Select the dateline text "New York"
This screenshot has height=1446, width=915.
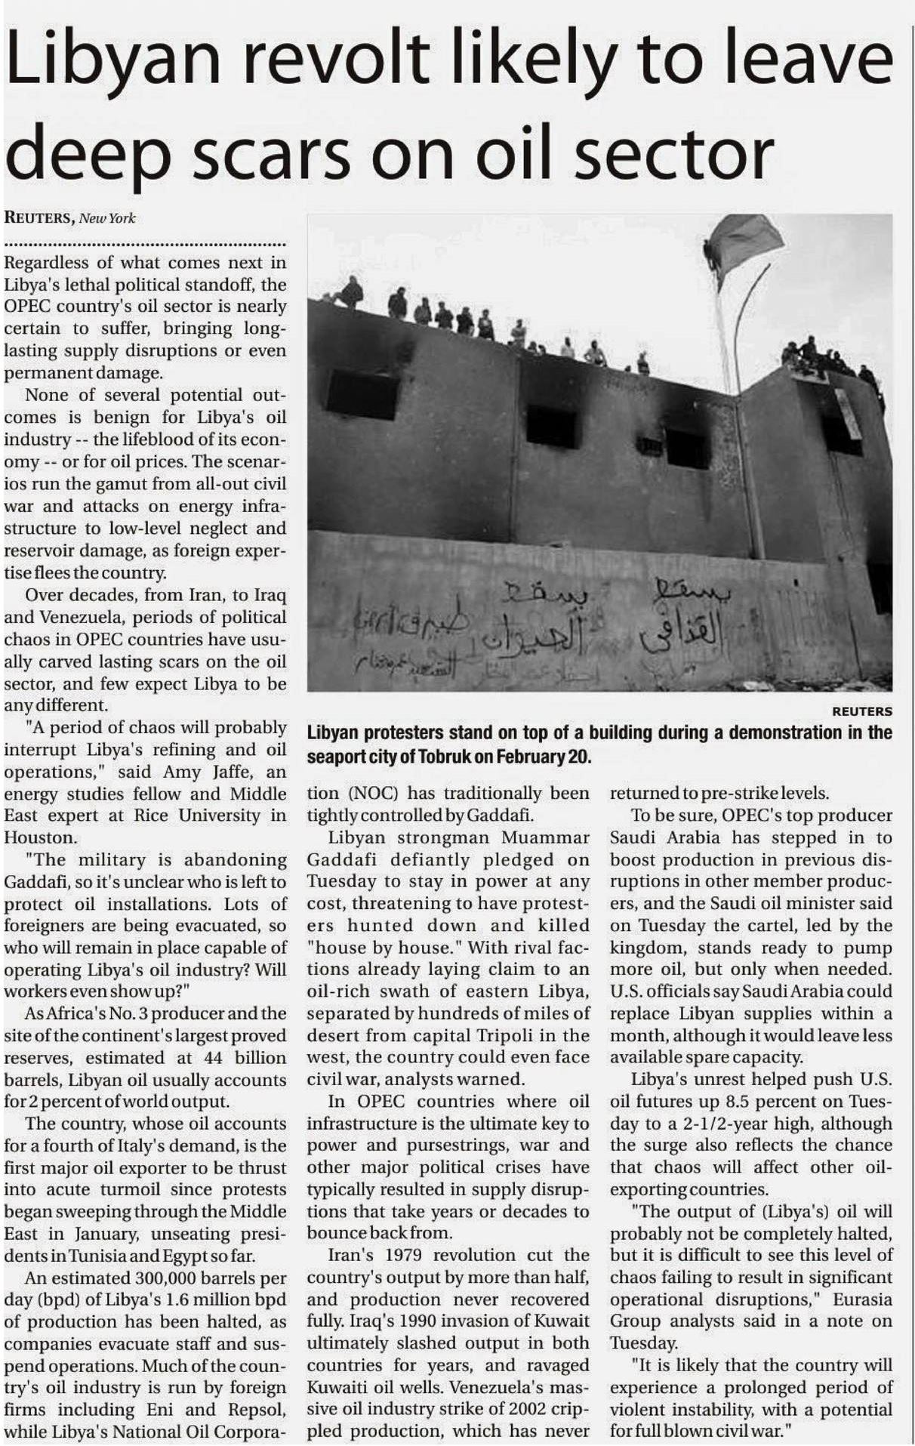click(x=107, y=218)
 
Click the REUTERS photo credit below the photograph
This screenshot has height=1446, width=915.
click(x=861, y=711)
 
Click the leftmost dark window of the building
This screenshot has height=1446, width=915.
click(x=362, y=394)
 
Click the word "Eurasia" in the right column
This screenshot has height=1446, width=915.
click(x=863, y=1300)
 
